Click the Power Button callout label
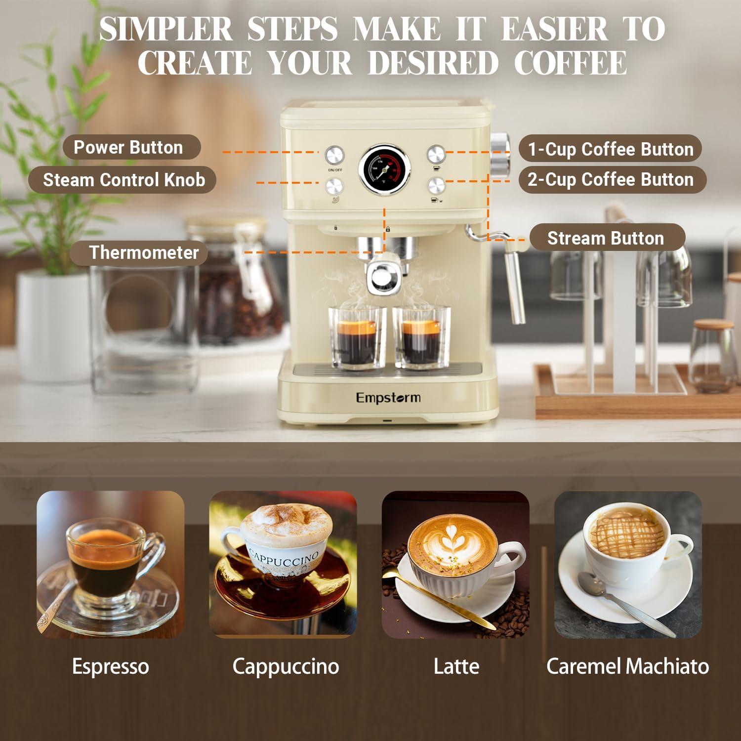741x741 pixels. tap(128, 147)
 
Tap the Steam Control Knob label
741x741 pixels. tap(123, 180)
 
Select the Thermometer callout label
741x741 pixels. tap(143, 252)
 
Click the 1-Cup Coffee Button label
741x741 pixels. tap(611, 149)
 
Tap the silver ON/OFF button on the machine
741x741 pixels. tap(334, 155)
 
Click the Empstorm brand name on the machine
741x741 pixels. tap(388, 397)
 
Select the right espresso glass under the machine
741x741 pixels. tap(421, 338)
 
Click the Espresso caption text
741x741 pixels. tap(111, 666)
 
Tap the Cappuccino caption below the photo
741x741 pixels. tap(286, 666)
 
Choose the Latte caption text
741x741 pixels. tap(456, 666)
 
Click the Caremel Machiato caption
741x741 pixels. tap(627, 666)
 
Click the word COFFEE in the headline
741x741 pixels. tap(571, 63)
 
